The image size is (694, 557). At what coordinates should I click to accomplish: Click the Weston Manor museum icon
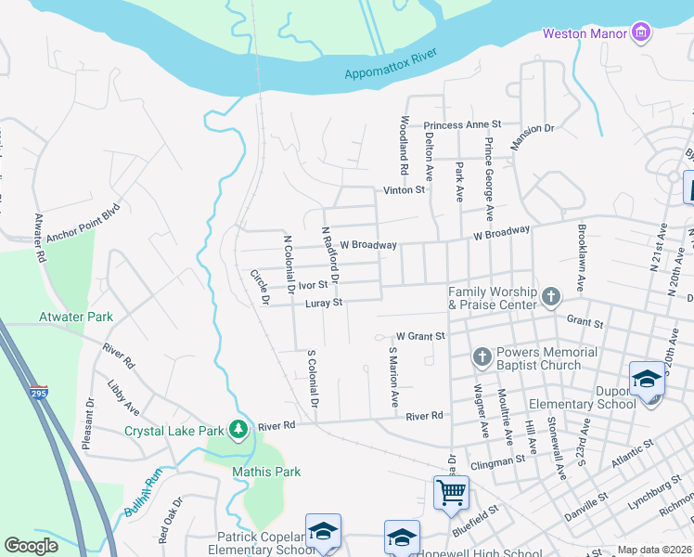click(640, 33)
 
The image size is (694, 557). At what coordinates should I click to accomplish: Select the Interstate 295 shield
click(38, 393)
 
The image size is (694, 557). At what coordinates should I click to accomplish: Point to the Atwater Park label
click(75, 317)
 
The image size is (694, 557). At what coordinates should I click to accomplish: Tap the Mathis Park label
click(266, 472)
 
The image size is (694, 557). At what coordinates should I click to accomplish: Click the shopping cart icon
click(451, 491)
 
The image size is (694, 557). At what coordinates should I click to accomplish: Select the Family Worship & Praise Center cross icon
click(551, 297)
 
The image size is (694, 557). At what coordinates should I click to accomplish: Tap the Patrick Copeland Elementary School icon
click(323, 531)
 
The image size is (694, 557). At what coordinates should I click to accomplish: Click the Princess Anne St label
click(462, 124)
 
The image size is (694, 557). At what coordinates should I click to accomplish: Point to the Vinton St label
click(405, 190)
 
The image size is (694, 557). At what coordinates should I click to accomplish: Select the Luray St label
click(325, 303)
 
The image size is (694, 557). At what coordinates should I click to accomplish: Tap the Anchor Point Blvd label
click(84, 222)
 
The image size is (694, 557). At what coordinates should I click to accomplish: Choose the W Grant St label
click(420, 336)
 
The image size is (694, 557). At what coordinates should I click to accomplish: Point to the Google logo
click(31, 546)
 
